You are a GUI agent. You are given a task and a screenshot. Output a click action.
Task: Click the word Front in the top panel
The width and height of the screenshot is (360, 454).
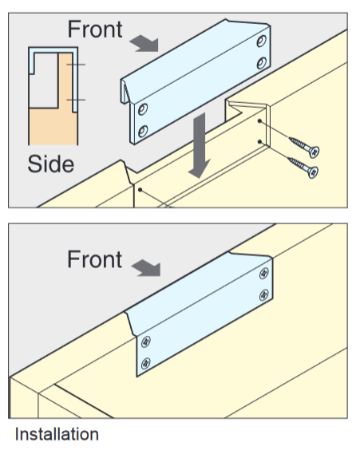click(x=95, y=30)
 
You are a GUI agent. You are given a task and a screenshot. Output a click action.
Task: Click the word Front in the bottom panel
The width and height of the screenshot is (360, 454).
click(x=95, y=259)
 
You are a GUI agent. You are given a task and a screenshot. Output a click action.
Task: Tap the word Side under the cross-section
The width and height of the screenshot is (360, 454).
click(x=50, y=164)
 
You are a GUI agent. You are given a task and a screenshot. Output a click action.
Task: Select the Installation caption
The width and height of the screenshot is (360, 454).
click(x=57, y=434)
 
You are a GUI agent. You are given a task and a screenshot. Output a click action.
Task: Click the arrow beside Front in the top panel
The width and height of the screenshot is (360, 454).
click(x=144, y=43)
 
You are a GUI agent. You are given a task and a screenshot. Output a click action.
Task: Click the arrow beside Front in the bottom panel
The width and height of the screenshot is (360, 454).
click(x=147, y=268)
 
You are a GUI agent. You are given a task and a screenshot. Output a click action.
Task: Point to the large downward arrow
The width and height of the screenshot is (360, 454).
click(x=200, y=144)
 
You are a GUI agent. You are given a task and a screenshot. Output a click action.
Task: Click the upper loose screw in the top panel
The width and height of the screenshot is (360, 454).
click(x=304, y=146)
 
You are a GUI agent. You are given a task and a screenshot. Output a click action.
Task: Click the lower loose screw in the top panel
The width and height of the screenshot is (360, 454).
click(x=303, y=167)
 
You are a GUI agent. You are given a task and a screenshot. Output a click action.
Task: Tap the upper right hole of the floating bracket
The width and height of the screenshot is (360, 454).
click(x=262, y=41)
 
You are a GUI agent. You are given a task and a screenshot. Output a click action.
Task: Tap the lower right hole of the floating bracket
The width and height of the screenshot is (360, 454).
click(x=262, y=63)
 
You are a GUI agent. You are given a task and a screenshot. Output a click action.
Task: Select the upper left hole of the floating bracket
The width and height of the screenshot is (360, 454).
click(x=143, y=109)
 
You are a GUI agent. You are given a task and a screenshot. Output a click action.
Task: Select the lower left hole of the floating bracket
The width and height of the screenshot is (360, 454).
click(x=143, y=131)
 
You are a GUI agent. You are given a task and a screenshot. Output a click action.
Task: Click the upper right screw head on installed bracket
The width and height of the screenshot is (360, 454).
click(x=264, y=274)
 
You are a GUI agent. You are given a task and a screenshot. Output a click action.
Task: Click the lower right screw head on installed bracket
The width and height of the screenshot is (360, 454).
click(x=264, y=295)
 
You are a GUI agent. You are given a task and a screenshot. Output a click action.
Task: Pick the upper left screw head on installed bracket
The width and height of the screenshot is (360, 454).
click(x=146, y=341)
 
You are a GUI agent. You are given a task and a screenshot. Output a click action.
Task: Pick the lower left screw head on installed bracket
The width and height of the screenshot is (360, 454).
click(x=146, y=363)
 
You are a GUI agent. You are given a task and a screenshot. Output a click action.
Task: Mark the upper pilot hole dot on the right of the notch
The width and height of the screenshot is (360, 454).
click(x=259, y=120)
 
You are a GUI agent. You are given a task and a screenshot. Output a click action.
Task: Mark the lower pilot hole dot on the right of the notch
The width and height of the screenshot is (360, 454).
click(x=259, y=141)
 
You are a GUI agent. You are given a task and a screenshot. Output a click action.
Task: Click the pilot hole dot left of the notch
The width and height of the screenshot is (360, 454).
click(x=140, y=190)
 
